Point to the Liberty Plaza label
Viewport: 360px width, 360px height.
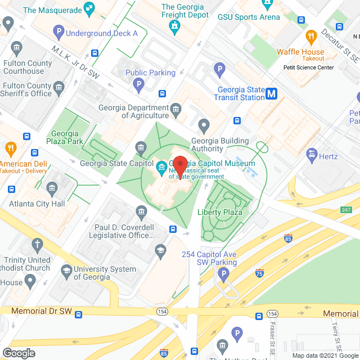pos(220,212)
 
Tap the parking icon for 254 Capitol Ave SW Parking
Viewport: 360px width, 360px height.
pos(224,275)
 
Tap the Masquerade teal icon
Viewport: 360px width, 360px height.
pos(88,8)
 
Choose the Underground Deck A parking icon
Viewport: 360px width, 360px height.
pos(57,33)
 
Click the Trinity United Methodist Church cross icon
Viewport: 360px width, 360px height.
pos(37,244)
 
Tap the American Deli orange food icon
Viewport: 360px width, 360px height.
pos(10,148)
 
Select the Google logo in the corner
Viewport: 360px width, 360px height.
pos(19,353)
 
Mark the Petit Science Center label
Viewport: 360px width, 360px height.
pos(308,67)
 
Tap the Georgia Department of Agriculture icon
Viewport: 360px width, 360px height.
pos(176,108)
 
